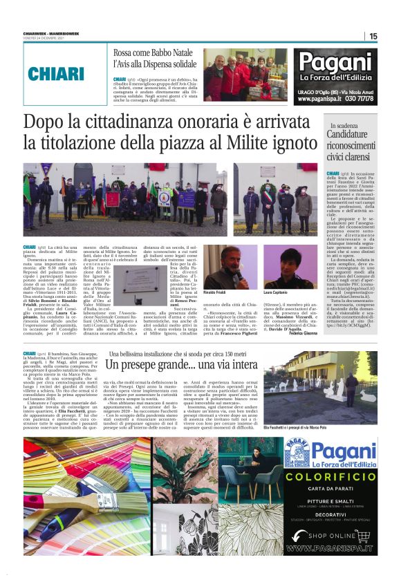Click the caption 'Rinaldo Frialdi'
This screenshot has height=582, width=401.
(216, 293)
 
